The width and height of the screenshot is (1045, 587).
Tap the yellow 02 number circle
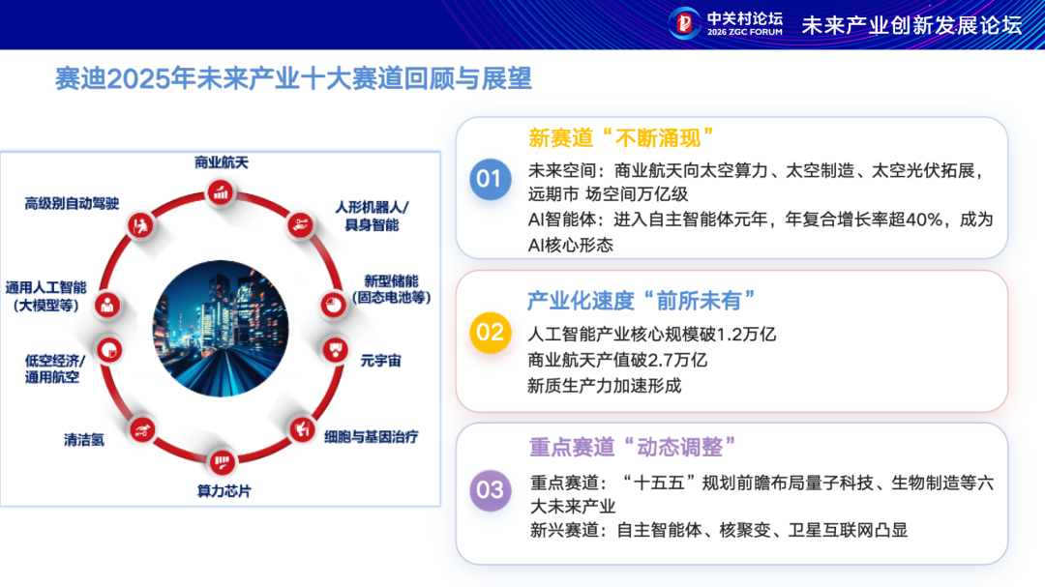(x=490, y=333)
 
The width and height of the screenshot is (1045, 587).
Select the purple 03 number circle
(x=490, y=489)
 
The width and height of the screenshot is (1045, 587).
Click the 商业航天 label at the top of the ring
(x=222, y=162)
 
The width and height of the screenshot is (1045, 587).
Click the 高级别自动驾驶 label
(x=73, y=203)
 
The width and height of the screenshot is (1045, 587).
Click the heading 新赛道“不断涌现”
(x=620, y=137)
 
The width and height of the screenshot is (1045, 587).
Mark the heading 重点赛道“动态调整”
(x=633, y=448)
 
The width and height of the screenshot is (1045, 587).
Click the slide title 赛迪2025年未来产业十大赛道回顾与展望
(x=293, y=78)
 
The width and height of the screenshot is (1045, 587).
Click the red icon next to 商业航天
(x=222, y=193)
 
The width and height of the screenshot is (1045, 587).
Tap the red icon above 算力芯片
(x=222, y=458)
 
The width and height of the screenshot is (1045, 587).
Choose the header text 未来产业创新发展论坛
(x=911, y=25)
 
